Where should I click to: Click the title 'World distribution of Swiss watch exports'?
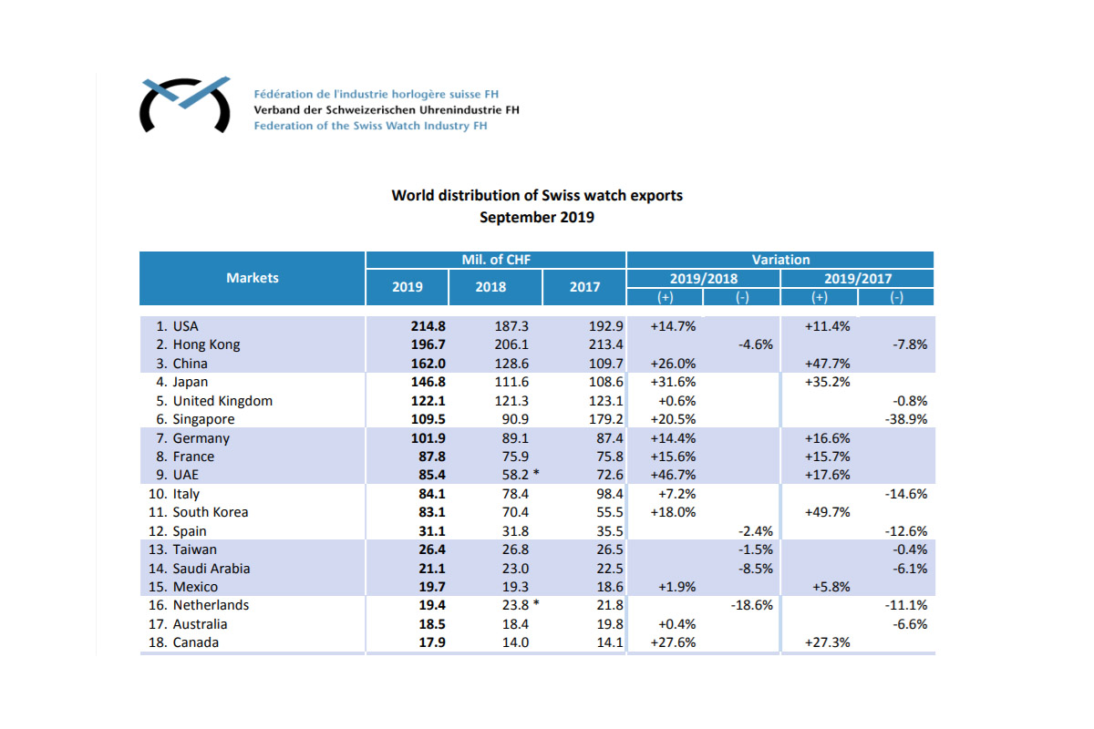pos(537,196)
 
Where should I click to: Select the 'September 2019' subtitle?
pos(537,217)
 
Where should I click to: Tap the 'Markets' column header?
pos(253,278)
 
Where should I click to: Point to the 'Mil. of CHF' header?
pos(496,260)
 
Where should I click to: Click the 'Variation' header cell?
pos(780,260)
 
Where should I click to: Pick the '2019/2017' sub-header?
pos(858,278)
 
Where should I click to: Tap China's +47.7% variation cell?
pos(827,364)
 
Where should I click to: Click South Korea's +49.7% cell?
pos(827,512)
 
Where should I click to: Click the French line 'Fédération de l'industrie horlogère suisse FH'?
pos(376,95)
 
